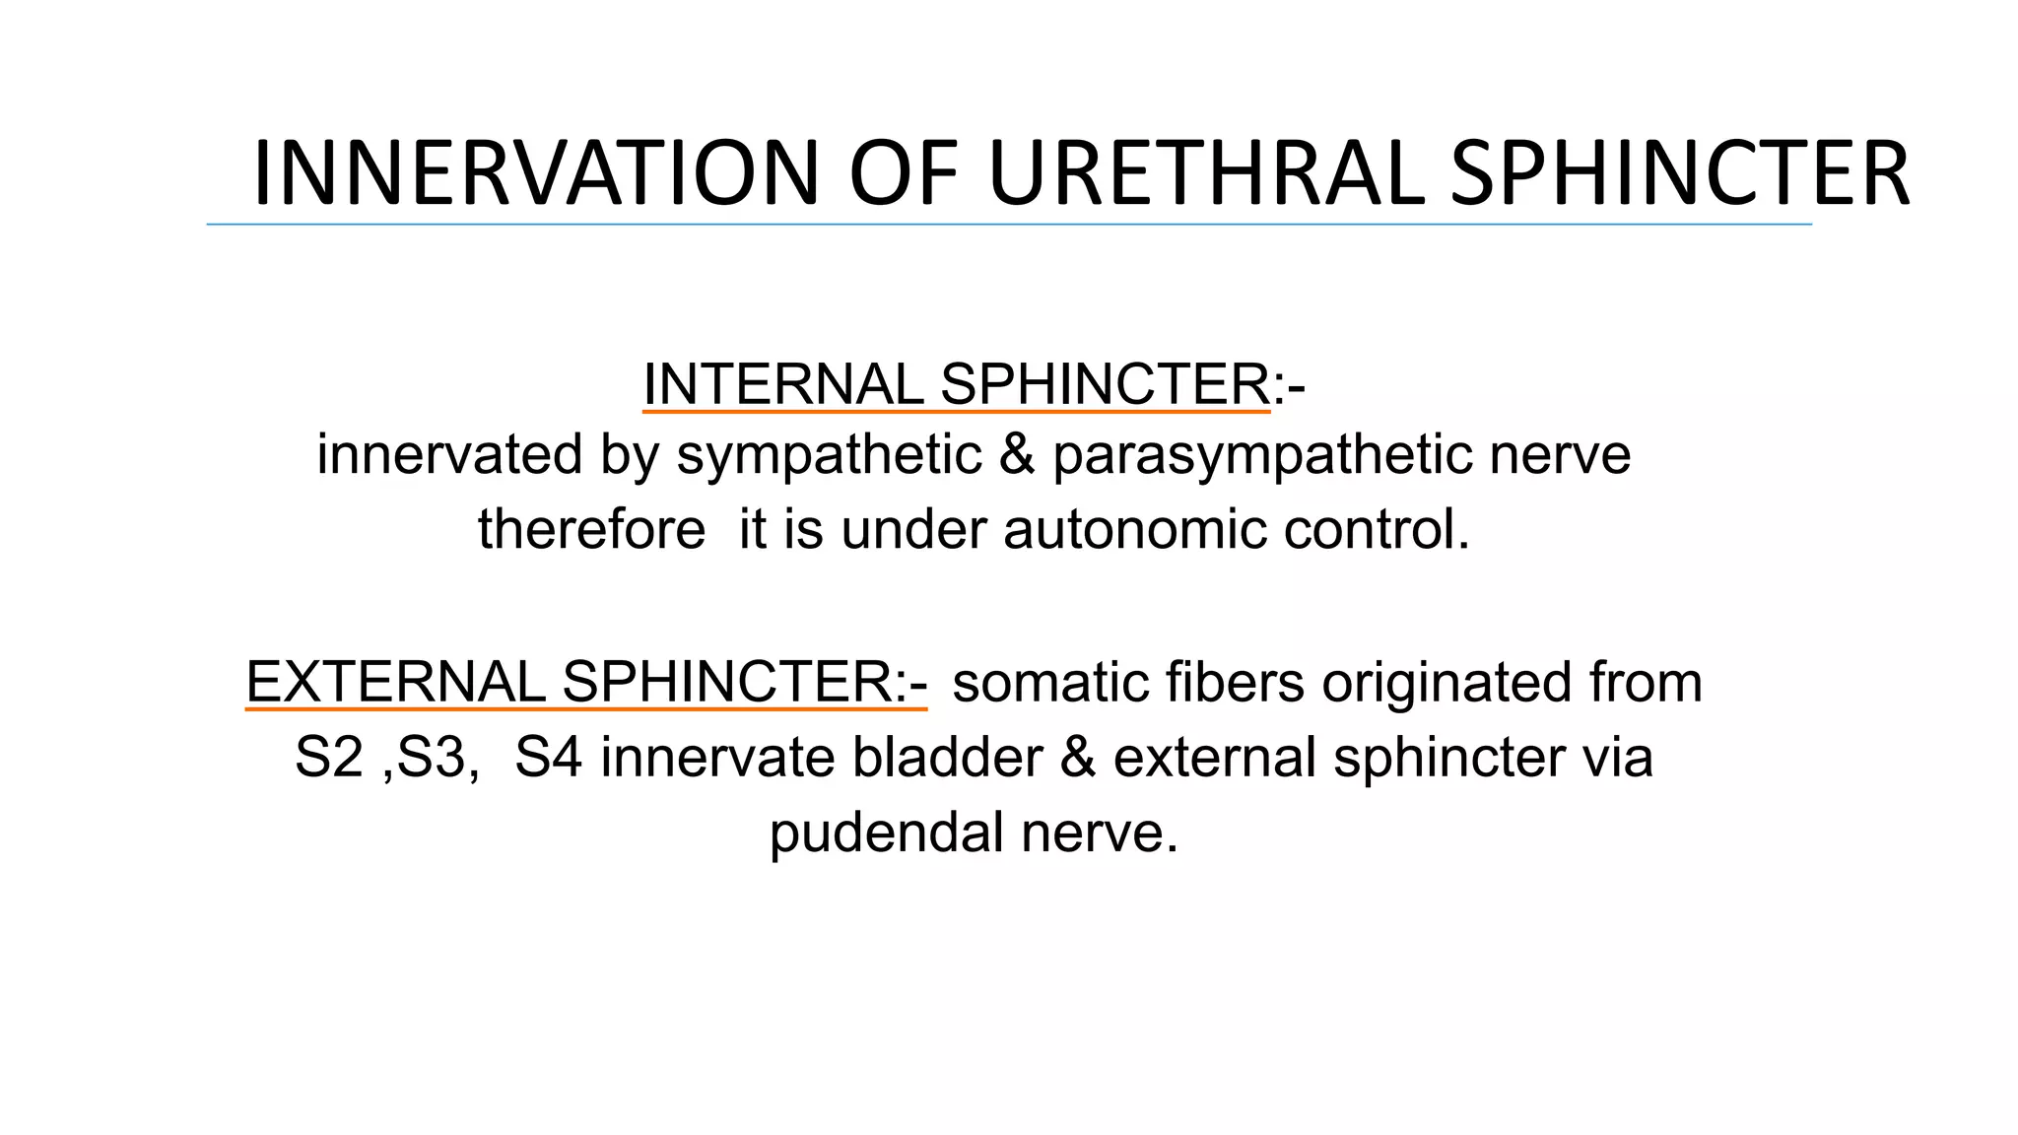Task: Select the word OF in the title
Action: click(x=904, y=173)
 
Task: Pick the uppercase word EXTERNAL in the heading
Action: click(x=394, y=682)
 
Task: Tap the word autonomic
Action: click(x=1134, y=529)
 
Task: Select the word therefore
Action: click(x=591, y=529)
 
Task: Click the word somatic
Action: click(x=1050, y=682)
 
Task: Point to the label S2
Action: click(x=328, y=758)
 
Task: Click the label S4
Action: click(x=548, y=758)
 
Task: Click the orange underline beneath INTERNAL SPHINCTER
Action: click(x=956, y=411)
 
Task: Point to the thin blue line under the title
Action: click(x=1009, y=225)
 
